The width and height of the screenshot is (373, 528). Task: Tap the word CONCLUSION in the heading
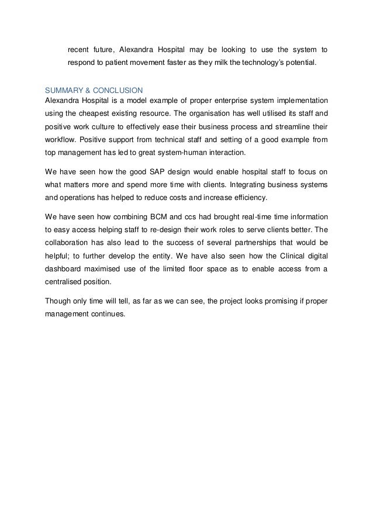[x=118, y=91]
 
